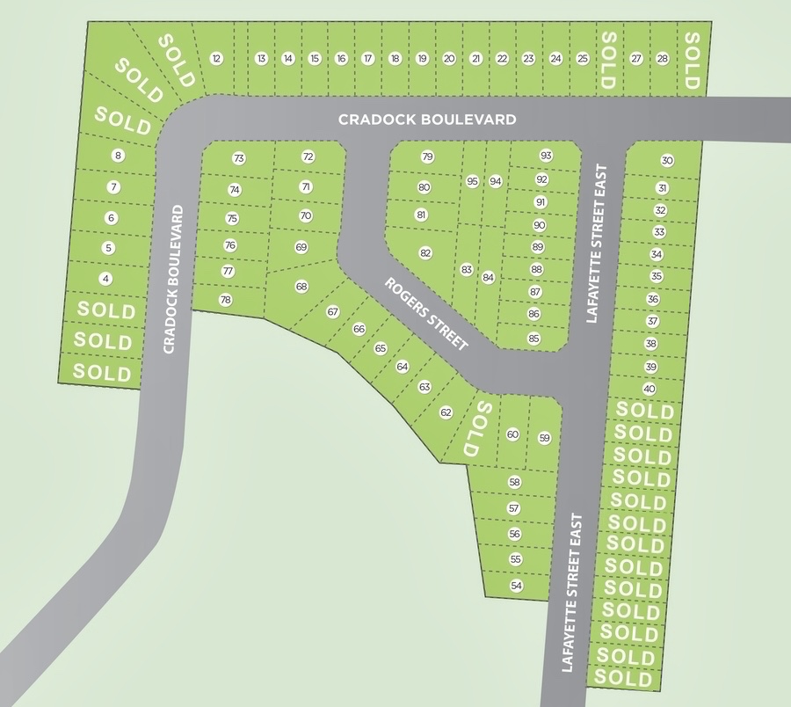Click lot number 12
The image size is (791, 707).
pyautogui.click(x=216, y=59)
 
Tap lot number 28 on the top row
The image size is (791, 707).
pyautogui.click(x=662, y=59)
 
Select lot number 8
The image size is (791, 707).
pyautogui.click(x=118, y=156)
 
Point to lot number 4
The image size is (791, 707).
pyautogui.click(x=105, y=279)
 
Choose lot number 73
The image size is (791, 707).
pyautogui.click(x=239, y=158)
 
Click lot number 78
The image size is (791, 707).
pyautogui.click(x=225, y=300)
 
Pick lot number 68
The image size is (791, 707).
pyautogui.click(x=301, y=286)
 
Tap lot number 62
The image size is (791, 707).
pyautogui.click(x=446, y=412)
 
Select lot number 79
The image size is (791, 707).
pyautogui.click(x=427, y=157)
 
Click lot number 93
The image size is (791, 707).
pyautogui.click(x=546, y=156)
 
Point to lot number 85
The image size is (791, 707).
pyautogui.click(x=533, y=338)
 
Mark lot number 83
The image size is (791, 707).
pyautogui.click(x=466, y=269)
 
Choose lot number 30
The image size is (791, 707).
pyautogui.click(x=667, y=160)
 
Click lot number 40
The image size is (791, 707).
pyautogui.click(x=649, y=389)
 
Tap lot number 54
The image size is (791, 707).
pyautogui.click(x=516, y=586)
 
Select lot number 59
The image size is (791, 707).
pyautogui.click(x=544, y=438)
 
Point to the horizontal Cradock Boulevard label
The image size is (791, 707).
pyautogui.click(x=427, y=119)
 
